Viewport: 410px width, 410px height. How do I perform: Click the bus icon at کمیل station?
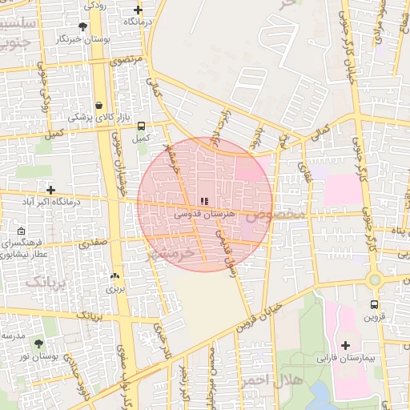point(142,126)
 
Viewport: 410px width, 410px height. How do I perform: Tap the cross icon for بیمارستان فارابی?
point(345,346)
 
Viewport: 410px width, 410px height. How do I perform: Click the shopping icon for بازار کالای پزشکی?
point(98,105)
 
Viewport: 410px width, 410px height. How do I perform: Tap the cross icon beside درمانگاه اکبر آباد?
point(51,191)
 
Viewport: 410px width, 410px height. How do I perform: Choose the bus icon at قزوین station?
point(374,304)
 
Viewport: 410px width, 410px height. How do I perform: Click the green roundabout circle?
point(374,279)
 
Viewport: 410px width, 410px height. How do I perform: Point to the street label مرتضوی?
point(126,59)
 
